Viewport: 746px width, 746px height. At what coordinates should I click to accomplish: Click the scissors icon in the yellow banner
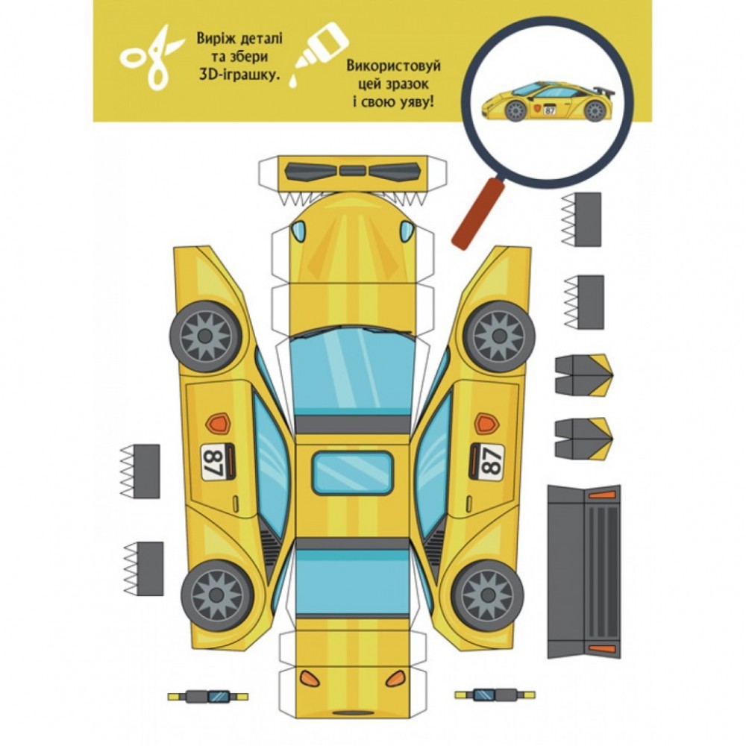click(151, 58)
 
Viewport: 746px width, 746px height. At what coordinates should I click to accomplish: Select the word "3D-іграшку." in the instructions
click(239, 75)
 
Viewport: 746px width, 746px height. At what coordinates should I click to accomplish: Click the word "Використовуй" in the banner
click(393, 66)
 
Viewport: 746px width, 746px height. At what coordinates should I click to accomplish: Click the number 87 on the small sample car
click(550, 111)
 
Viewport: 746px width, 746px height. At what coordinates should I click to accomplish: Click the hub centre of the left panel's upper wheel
click(205, 336)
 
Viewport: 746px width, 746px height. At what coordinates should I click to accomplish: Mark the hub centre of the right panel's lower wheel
click(488, 595)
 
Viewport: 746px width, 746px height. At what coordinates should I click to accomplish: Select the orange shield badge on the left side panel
click(218, 423)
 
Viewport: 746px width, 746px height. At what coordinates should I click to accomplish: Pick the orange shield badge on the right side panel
click(486, 423)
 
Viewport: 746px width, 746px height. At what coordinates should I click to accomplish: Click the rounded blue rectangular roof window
click(353, 473)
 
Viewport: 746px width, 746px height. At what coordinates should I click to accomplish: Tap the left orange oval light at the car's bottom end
click(310, 678)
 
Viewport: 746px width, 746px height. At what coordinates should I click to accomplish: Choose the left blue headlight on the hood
click(299, 231)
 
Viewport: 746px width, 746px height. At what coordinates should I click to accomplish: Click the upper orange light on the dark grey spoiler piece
click(602, 495)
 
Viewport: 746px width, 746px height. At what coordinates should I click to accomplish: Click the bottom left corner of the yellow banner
click(93, 122)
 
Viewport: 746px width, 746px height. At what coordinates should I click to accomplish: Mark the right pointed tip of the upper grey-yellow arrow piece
click(612, 375)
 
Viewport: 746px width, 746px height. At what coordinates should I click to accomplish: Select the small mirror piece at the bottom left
click(208, 696)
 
